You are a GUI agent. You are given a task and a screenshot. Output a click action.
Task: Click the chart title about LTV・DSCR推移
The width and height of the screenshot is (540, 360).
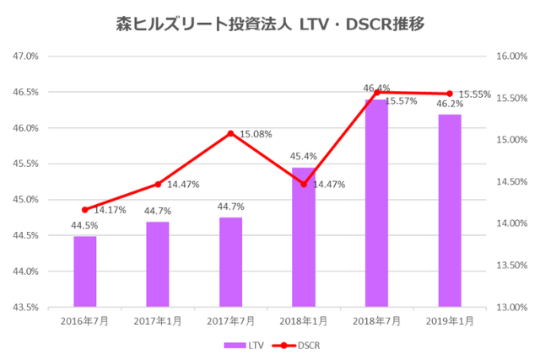point(269,24)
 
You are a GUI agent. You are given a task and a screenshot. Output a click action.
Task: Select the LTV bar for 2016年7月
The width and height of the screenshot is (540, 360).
point(84,271)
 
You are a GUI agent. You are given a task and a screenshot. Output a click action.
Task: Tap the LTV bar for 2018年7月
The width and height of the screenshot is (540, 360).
point(376,203)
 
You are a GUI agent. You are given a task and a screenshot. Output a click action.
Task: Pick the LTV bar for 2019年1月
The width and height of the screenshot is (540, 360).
point(450,211)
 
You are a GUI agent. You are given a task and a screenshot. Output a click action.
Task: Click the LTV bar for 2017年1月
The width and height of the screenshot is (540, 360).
point(158,264)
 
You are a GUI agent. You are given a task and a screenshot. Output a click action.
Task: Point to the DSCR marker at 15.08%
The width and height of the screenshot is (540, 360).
point(230,133)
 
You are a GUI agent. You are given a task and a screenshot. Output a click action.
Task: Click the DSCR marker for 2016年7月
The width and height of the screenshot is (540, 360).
point(84,210)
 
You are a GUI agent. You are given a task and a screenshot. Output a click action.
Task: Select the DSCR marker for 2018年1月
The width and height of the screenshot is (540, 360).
point(304,184)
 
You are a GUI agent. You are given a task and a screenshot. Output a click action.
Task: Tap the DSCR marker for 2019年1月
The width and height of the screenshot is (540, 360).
point(450,94)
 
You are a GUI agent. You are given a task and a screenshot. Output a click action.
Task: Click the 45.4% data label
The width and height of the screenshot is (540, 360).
point(304,156)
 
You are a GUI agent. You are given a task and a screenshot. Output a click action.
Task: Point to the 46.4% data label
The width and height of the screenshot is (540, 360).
point(376,88)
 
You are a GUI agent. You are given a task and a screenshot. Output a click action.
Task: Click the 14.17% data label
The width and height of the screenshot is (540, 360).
point(110,210)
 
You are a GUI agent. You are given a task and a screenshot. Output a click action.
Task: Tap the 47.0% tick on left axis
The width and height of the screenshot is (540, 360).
point(26,56)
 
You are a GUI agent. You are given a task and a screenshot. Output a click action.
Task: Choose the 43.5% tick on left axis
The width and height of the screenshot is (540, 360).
point(26,307)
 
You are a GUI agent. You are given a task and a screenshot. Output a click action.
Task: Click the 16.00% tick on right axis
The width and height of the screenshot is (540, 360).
point(511,56)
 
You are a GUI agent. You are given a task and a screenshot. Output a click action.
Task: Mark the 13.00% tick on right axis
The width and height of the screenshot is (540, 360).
point(511,307)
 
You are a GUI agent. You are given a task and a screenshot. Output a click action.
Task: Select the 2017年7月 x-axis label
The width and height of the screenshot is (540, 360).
point(230,320)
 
